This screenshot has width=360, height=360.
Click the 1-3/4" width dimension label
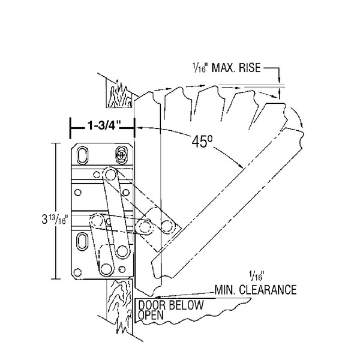pyautogui.click(x=104, y=126)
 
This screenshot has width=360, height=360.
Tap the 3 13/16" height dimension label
pyautogui.click(x=55, y=219)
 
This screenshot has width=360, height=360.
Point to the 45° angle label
pyautogui.click(x=202, y=142)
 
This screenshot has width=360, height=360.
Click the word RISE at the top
pyautogui.click(x=249, y=68)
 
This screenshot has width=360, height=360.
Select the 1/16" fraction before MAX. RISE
pyautogui.click(x=200, y=68)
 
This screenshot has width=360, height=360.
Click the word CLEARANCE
pyautogui.click(x=268, y=290)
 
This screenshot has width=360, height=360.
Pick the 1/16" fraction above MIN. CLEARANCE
pyautogui.click(x=257, y=276)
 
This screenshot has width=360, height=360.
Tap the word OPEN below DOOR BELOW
pyautogui.click(x=151, y=315)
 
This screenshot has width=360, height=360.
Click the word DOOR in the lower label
pyautogui.click(x=152, y=305)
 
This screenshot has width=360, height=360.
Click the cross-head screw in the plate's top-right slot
pyautogui.click(x=121, y=155)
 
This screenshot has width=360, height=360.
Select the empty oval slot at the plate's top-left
pyautogui.click(x=82, y=155)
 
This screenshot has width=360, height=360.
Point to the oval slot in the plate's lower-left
pyautogui.click(x=82, y=242)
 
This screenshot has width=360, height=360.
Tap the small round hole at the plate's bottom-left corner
pyautogui.click(x=77, y=272)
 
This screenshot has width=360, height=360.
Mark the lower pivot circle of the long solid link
pyautogui.click(x=122, y=251)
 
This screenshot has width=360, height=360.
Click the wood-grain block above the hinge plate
pyautogui.click(x=119, y=94)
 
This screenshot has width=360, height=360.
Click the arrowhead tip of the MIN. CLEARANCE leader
pyautogui.click(x=154, y=298)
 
